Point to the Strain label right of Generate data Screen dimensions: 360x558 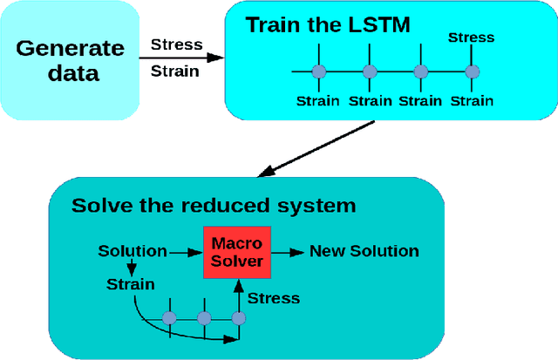point(174,71)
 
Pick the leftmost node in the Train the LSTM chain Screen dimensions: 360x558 point(318,71)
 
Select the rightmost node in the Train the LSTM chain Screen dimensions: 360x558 point(472,71)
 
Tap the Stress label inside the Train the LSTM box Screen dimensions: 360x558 point(471,37)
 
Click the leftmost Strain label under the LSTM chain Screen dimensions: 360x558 point(318,100)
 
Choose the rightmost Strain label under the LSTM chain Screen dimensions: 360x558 point(471,100)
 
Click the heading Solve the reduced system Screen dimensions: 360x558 point(214,206)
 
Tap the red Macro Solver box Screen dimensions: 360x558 point(237,252)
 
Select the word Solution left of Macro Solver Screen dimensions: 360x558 point(133,251)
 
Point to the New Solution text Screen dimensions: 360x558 point(364,251)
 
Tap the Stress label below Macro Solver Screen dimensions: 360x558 point(274,298)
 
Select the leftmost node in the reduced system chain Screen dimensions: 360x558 point(170,318)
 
